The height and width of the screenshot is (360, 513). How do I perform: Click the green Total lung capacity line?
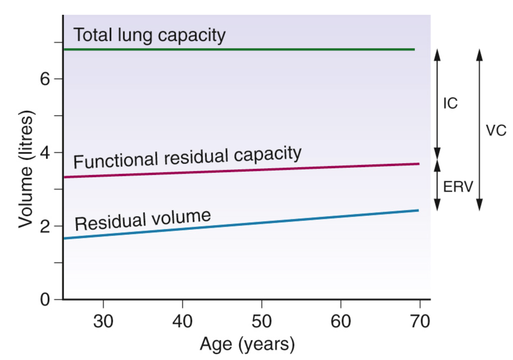coord(239,49)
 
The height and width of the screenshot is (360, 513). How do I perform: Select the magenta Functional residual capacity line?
coord(242,171)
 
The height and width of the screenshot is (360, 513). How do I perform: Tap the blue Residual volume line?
coord(242,225)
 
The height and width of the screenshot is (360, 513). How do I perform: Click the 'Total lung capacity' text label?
coord(150,35)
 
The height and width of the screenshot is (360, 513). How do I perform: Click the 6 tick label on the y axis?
coord(45,79)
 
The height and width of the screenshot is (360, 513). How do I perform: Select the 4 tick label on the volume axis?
coord(45,153)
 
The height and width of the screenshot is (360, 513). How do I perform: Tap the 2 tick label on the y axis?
coord(45,227)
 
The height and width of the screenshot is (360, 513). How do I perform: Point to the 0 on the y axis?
coord(45,300)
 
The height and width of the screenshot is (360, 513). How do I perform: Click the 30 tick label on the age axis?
coord(103,321)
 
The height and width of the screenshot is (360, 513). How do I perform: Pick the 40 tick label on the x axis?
coord(182,321)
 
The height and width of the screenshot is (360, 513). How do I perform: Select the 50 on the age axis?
coord(261,321)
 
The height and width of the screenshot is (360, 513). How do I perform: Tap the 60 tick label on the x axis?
coord(341,321)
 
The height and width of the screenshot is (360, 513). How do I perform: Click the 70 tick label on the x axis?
coord(420,321)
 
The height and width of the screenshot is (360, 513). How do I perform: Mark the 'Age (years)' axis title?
coord(247,344)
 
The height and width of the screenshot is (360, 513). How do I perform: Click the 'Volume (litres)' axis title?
coord(26,169)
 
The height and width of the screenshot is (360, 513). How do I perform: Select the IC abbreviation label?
coord(450,103)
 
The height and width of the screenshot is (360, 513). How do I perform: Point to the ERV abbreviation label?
coord(458,186)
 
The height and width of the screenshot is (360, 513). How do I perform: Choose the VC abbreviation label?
coord(496,130)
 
